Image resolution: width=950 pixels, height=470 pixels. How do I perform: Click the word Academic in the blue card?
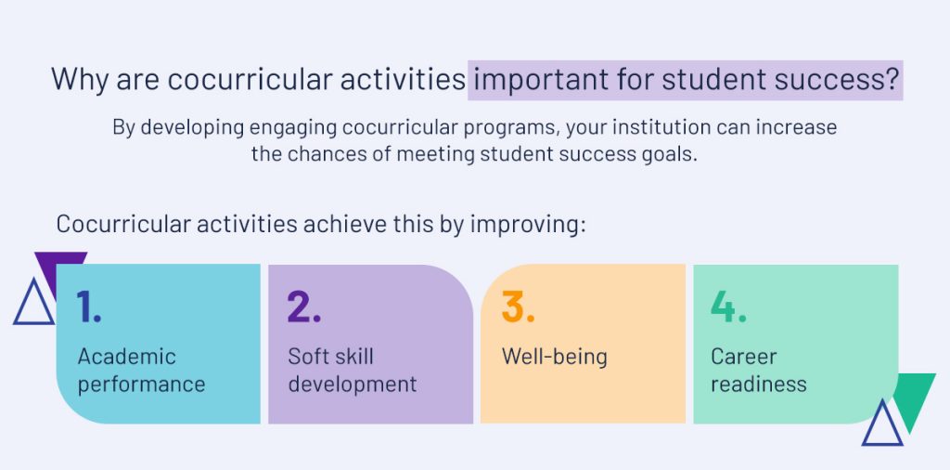click(x=126, y=356)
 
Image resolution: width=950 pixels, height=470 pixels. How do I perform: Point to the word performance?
click(x=141, y=385)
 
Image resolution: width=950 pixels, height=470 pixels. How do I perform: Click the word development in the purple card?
click(x=352, y=384)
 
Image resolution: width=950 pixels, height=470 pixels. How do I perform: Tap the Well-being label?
click(x=554, y=357)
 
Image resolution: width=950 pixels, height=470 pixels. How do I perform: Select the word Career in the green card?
click(x=743, y=356)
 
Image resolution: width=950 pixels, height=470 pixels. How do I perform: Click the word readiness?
click(x=759, y=384)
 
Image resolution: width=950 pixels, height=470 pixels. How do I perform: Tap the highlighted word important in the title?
click(x=534, y=80)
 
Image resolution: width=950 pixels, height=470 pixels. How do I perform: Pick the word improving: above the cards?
click(x=528, y=225)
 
